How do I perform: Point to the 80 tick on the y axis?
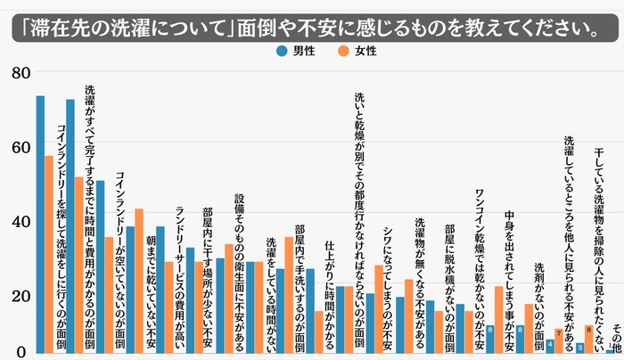(20, 73)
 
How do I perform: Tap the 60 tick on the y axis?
(20, 147)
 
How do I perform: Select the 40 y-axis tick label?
(20, 222)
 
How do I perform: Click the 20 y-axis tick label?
(20, 296)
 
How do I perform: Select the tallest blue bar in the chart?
(40, 223)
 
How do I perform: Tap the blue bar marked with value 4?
(550, 345)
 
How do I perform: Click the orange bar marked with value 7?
(559, 340)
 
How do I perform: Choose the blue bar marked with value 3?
(580, 347)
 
